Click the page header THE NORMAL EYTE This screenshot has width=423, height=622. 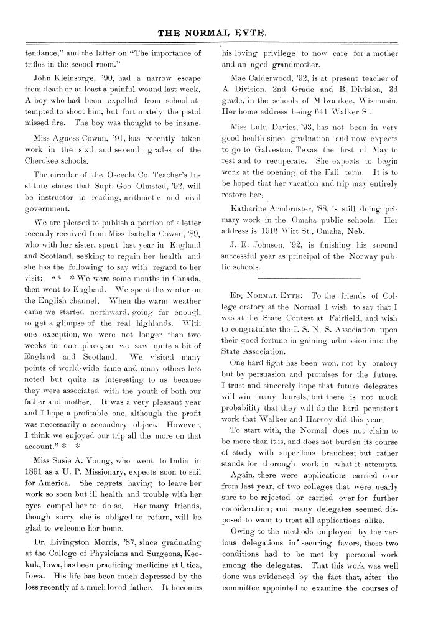(211, 29)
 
